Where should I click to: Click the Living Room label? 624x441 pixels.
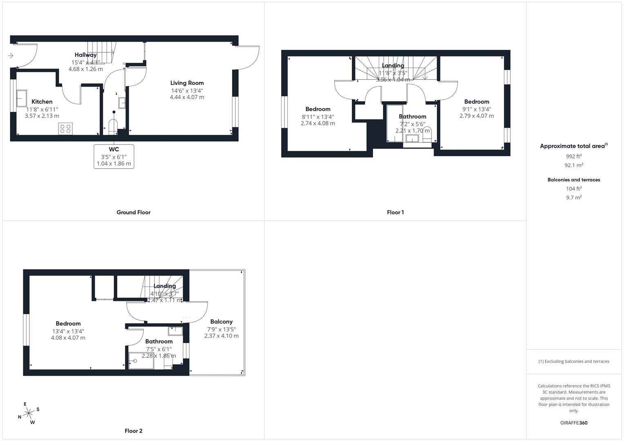pos(187,83)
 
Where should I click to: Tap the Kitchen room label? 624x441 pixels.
pos(42,102)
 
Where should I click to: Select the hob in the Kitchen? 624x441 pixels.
pos(65,129)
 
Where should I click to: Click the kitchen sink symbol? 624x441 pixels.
pos(22,98)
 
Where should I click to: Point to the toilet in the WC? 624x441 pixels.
pos(113,125)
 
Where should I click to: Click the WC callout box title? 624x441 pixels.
pos(114,149)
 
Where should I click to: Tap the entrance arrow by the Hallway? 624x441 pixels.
pos(11,56)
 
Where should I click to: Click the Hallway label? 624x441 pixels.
pos(85,55)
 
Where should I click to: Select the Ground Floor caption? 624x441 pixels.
pos(133,212)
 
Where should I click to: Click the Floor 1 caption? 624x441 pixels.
pos(395,212)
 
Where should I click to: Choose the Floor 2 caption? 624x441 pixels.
pos(133,431)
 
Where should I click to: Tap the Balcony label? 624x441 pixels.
pos(221,322)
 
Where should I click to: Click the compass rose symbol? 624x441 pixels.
pos(29,413)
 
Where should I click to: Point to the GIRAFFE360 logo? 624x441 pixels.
pos(573,423)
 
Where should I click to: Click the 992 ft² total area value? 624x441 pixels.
pos(574,156)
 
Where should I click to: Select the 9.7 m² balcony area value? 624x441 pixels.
pos(574,198)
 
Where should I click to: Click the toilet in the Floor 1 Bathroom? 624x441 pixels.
pos(427,133)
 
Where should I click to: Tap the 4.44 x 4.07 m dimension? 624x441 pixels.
pos(187,97)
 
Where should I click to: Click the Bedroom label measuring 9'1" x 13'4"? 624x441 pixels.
pos(476,102)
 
